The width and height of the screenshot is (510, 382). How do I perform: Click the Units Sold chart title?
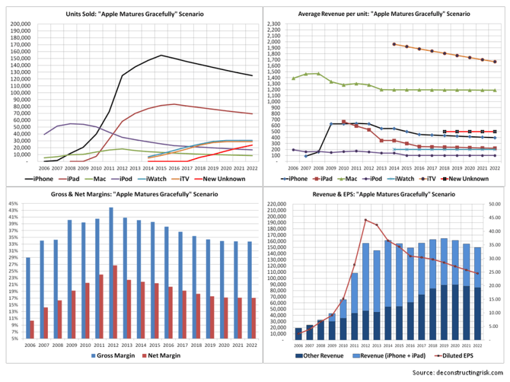point(133,13)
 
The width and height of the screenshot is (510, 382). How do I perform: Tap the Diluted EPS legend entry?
point(455,355)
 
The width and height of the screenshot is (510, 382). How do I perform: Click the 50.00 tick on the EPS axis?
point(495,204)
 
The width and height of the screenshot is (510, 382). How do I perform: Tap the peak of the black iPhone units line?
point(161,55)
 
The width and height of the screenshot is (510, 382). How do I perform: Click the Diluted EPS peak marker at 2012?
point(365,220)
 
